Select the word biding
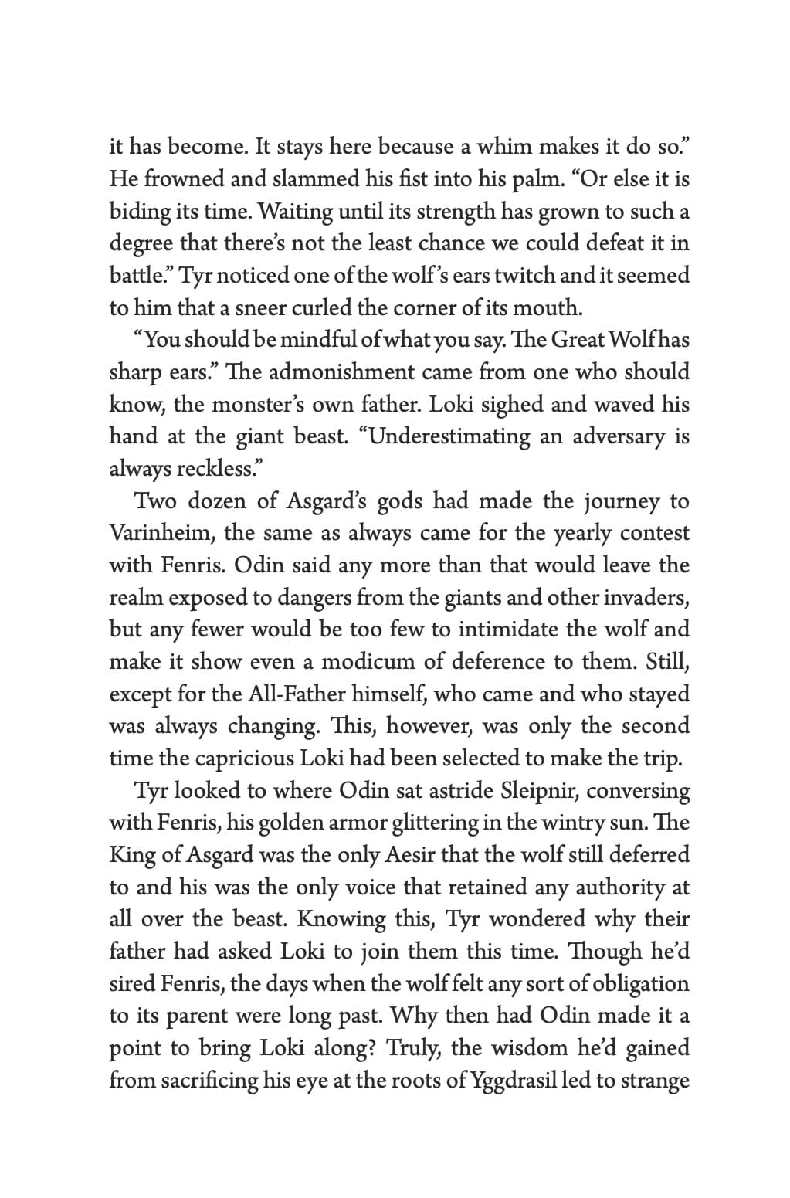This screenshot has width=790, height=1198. click(x=134, y=212)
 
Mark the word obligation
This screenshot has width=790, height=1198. click(x=639, y=984)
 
